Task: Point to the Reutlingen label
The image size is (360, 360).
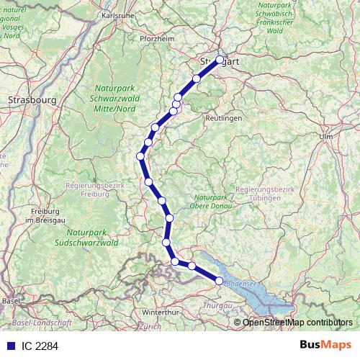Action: tap(222, 117)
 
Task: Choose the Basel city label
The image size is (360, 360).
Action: tap(11, 300)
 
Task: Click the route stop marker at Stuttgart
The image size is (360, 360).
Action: tap(220, 60)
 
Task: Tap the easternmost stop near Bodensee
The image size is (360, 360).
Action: tap(220, 281)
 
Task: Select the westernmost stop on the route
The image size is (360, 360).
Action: tap(141, 156)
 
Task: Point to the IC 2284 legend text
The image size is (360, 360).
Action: tap(40, 346)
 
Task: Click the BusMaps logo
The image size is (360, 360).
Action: tap(324, 345)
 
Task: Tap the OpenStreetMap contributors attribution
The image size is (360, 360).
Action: tap(298, 322)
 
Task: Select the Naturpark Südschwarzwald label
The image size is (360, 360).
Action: tap(91, 238)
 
